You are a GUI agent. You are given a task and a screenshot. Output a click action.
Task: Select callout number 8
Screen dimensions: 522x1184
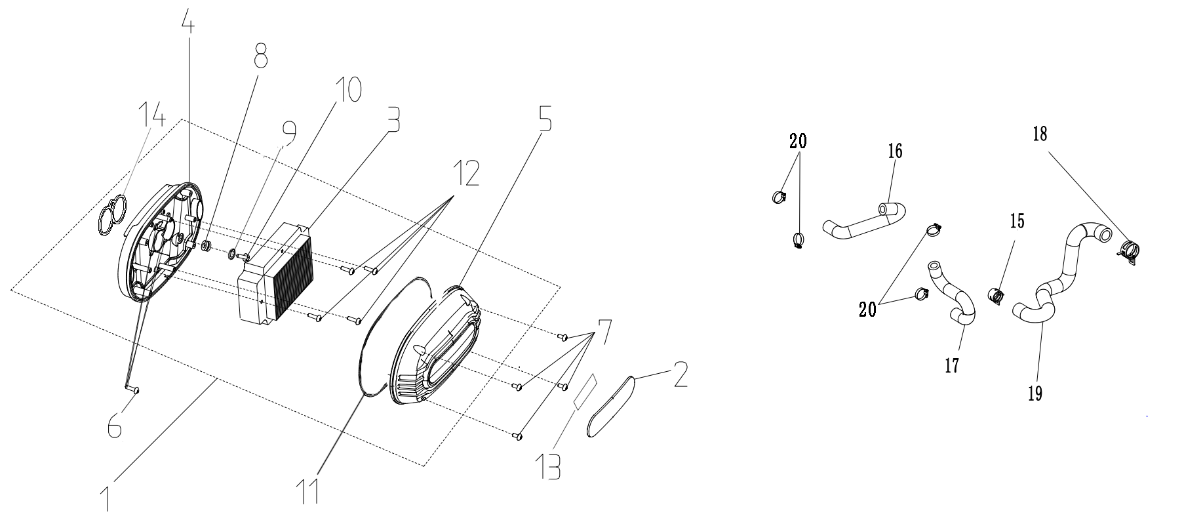(x=260, y=56)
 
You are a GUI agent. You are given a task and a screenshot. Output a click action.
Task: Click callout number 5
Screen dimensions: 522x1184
(x=543, y=116)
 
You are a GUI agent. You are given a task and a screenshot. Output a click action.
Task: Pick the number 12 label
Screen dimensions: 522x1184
(x=465, y=172)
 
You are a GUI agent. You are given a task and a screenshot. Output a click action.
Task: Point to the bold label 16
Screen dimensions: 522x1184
(x=895, y=151)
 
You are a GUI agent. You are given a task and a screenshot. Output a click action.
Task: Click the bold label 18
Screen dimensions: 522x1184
(x=1039, y=134)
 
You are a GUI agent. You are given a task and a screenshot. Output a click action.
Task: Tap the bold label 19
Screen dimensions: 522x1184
(x=1035, y=393)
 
